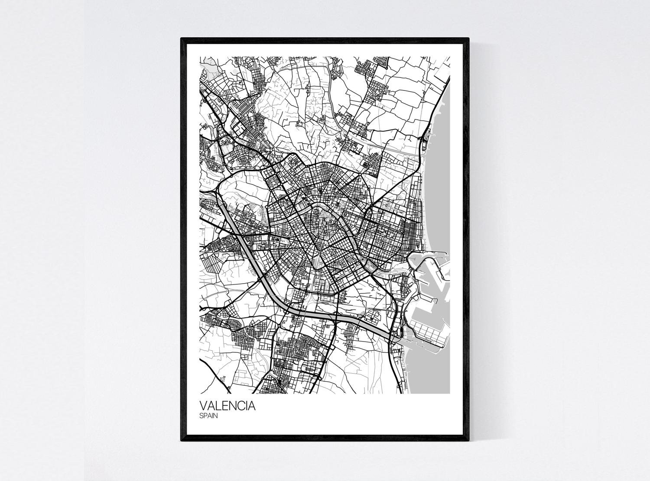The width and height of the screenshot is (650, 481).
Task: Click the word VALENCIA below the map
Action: click(x=227, y=407)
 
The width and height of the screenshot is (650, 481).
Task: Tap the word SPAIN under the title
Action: click(x=209, y=416)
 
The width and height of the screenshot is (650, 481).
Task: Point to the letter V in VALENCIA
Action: click(x=203, y=407)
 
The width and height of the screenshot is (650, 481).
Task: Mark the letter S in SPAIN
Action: click(x=201, y=416)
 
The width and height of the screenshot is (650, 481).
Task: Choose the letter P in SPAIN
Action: click(x=205, y=416)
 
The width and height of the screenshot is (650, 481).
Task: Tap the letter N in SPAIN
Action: click(x=215, y=416)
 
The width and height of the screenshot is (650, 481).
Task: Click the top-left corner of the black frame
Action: click(x=181, y=39)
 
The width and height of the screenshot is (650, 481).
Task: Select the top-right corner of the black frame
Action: click(x=469, y=39)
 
